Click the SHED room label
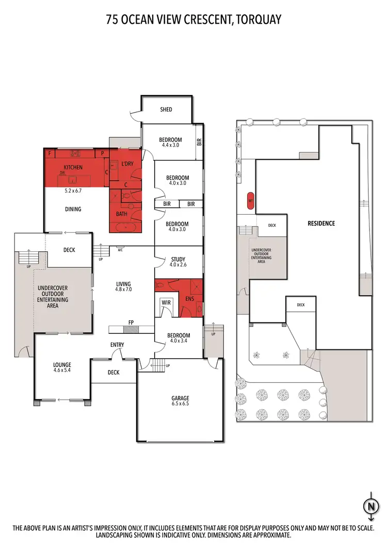coord(166,109)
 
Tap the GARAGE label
coord(181,398)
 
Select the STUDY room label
coord(178,260)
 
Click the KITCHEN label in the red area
coord(73,167)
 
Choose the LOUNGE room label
coord(62,365)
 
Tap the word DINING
coord(73,209)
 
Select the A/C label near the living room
coord(120,250)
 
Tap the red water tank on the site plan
coord(250,200)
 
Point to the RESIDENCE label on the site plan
coord(321,223)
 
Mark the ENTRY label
coord(117,345)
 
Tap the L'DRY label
coord(126,164)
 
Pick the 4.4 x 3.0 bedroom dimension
coord(170,146)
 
